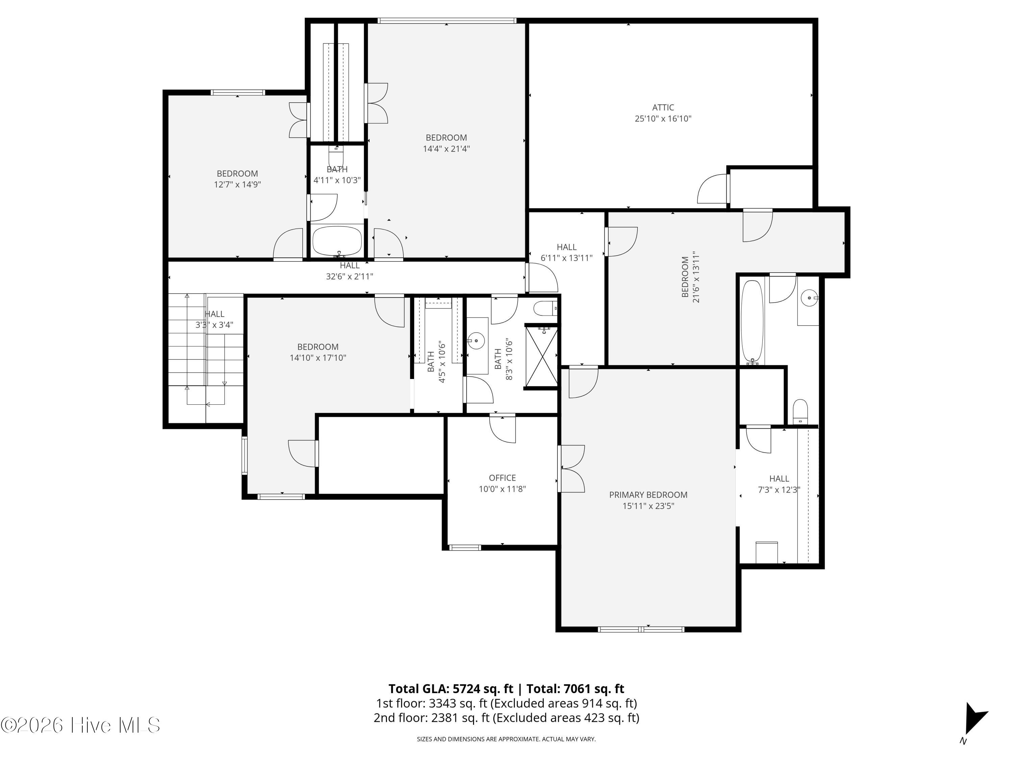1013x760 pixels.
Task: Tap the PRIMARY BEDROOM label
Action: coord(648,495)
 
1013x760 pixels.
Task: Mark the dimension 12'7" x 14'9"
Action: coord(237,185)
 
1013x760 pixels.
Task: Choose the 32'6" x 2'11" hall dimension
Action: coord(349,276)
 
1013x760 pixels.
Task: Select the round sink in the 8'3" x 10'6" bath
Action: coord(476,340)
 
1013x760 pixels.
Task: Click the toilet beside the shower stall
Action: coord(545,309)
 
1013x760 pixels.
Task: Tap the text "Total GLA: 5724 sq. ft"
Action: coord(451,688)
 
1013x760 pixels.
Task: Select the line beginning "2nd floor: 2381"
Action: coord(506,717)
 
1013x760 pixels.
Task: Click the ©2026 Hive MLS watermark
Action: coord(81,725)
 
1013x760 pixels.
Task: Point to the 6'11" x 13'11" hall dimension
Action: coord(567,258)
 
